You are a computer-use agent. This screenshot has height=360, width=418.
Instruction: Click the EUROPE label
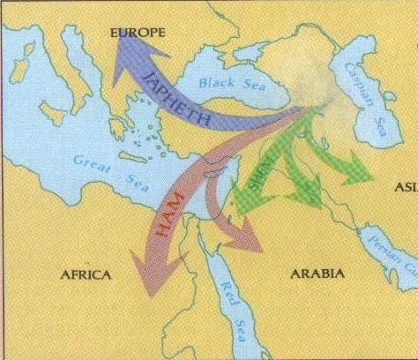[x=137, y=33]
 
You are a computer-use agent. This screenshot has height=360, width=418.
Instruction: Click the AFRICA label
[x=86, y=275]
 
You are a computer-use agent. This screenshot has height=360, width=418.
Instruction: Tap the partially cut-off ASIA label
[x=407, y=188]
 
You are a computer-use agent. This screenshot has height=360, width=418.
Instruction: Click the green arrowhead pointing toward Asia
[x=360, y=172]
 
